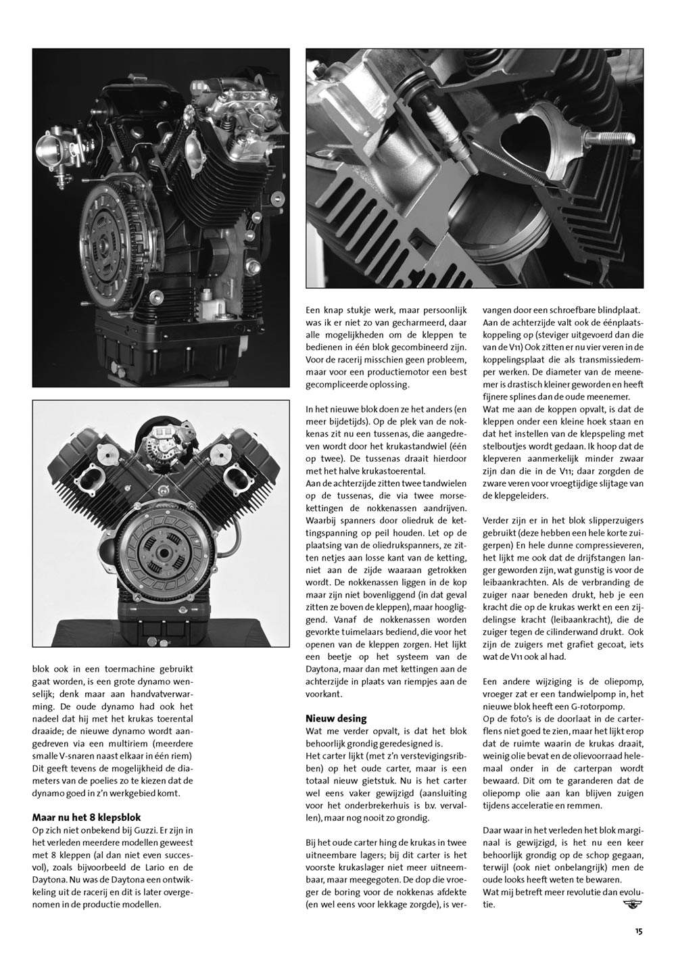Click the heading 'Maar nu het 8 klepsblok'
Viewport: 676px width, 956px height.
point(87,817)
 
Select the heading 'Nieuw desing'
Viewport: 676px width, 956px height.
point(335,718)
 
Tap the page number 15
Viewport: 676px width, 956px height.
point(638,931)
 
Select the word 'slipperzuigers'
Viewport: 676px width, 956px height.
point(601,520)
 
